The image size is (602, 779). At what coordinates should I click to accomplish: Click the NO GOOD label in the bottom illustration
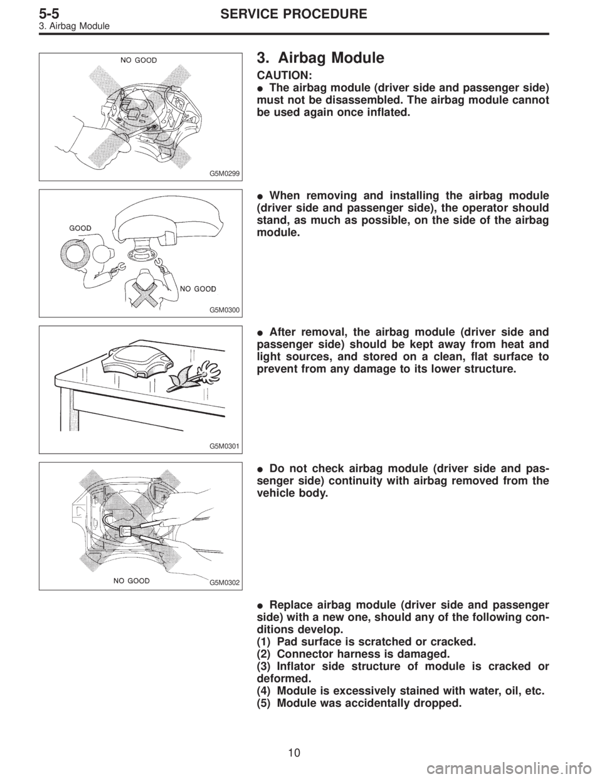(131, 581)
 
